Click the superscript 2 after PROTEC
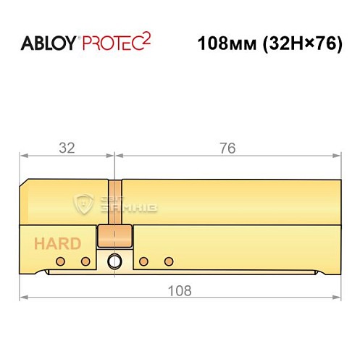[x=146, y=37]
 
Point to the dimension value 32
[x=67, y=148]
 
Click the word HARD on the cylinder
[x=56, y=244]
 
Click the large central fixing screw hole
[x=114, y=261]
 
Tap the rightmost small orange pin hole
[x=169, y=261]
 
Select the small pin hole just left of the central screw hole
[x=85, y=261]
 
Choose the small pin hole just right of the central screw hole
[x=144, y=261]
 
